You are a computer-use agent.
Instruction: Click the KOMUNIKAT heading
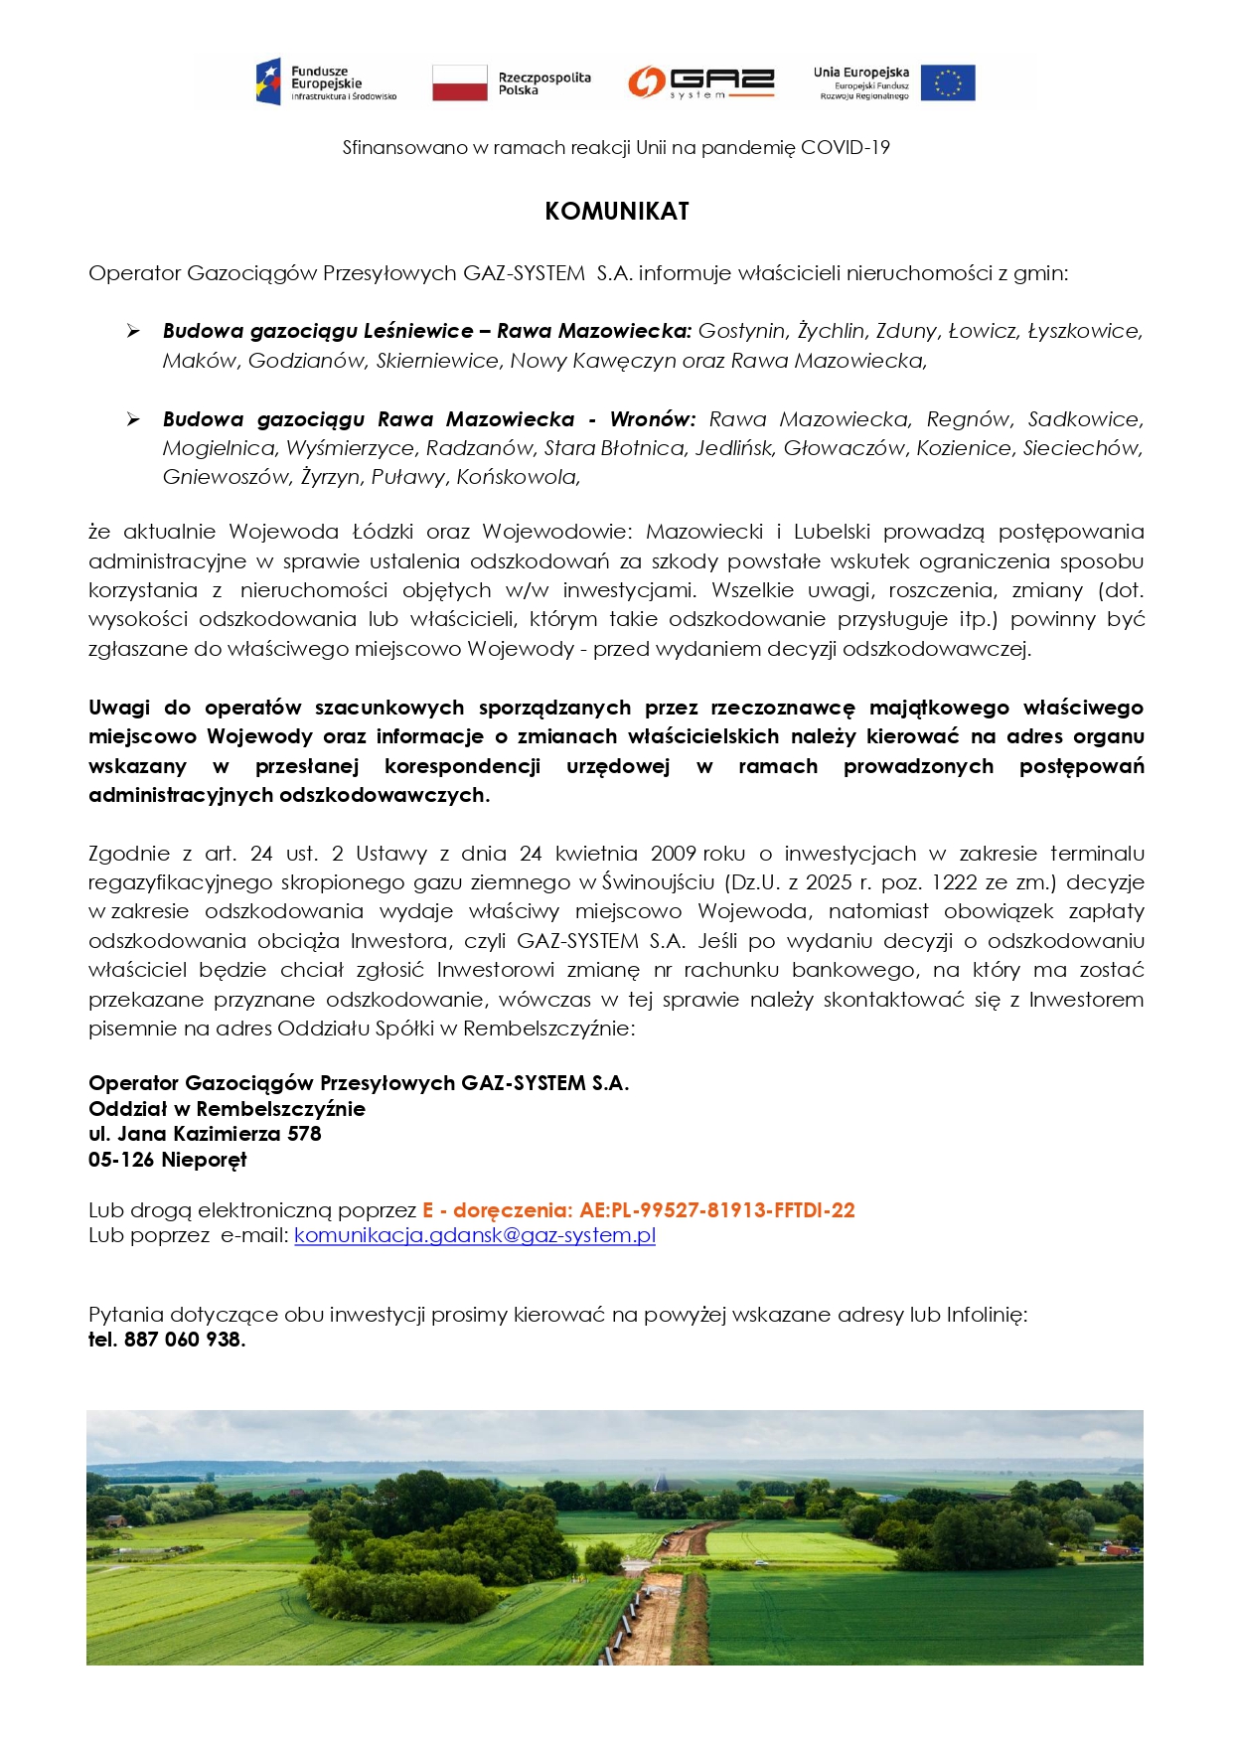point(616,212)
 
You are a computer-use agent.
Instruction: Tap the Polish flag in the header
point(459,83)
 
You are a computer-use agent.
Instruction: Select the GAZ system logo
point(700,82)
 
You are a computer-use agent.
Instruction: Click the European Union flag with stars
point(947,83)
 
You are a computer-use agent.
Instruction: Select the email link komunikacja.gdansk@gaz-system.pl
point(475,1235)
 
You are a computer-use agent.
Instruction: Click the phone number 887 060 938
point(183,1340)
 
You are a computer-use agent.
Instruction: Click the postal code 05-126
point(121,1160)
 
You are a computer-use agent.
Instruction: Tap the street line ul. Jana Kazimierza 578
point(205,1134)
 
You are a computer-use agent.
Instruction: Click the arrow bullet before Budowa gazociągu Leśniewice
point(133,331)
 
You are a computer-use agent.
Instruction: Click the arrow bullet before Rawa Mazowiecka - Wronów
point(133,419)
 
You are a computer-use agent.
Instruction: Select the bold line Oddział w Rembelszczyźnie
point(227,1109)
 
